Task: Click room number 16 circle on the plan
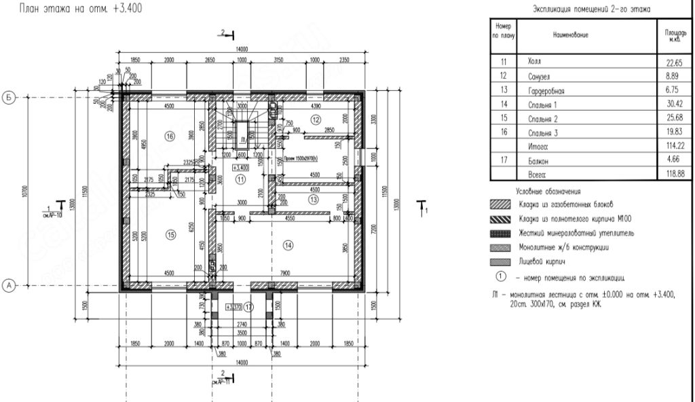pos(170,136)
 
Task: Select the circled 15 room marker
pos(170,234)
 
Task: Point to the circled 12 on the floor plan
pos(315,119)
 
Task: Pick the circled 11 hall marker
pos(240,179)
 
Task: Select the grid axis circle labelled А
pos(10,287)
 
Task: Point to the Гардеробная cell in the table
pos(546,90)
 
